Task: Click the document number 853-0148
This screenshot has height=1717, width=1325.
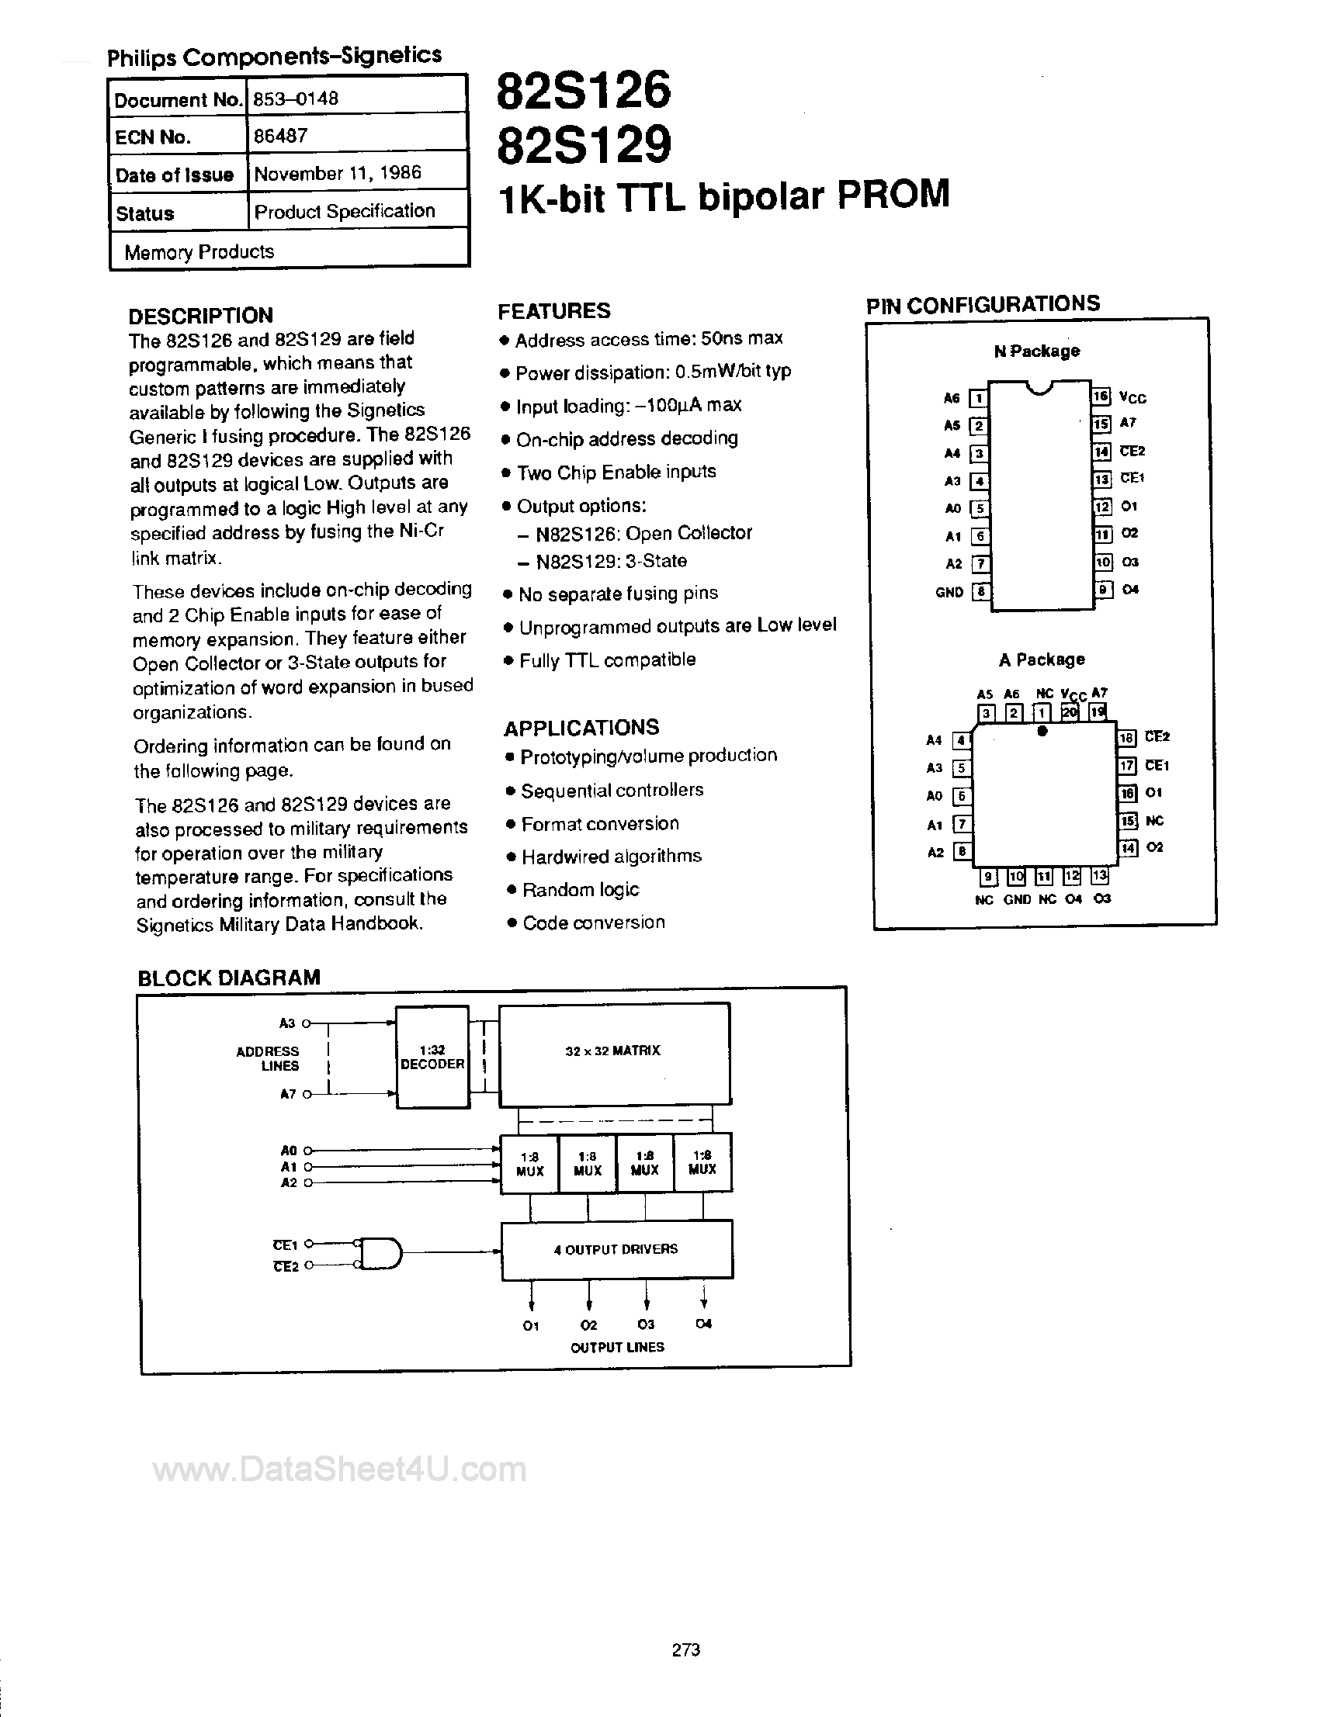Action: tap(296, 99)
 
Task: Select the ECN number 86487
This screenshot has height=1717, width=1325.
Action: tap(280, 136)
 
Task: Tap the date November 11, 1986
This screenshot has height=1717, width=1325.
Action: tap(338, 173)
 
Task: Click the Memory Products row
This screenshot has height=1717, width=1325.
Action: tap(199, 251)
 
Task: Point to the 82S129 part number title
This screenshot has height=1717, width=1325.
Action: tap(584, 144)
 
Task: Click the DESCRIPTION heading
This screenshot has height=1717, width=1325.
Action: tap(200, 316)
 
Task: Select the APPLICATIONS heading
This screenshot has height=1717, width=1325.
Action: tap(581, 728)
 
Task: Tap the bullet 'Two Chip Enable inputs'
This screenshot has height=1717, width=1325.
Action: tap(616, 473)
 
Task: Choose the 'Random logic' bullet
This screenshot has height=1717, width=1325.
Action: tap(581, 890)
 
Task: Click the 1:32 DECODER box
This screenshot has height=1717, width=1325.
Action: tap(432, 1058)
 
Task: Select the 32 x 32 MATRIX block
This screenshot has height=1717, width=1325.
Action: tap(613, 1051)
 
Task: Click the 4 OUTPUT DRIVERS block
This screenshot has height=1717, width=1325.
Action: tap(616, 1249)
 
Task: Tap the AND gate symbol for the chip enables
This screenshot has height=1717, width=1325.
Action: tap(380, 1253)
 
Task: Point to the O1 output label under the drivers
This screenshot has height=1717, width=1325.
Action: tap(531, 1325)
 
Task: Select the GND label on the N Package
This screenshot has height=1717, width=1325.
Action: tap(949, 593)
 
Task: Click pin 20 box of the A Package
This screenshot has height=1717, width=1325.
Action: tap(1070, 712)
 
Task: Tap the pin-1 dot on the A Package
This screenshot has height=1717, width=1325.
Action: tap(1042, 731)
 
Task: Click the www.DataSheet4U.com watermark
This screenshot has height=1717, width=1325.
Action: tap(339, 1469)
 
